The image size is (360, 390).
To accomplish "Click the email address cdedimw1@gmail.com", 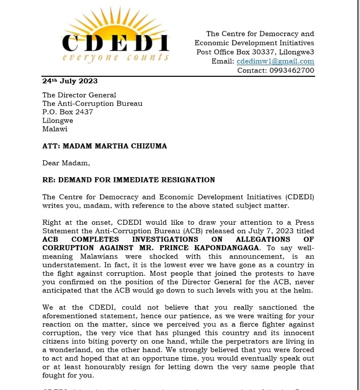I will click(275, 61).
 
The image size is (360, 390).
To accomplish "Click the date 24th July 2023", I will click(70, 81).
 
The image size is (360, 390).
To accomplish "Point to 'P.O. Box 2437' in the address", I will click(68, 112).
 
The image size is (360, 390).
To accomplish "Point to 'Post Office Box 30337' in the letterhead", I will click(237, 52).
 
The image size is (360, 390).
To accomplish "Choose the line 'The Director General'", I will click(79, 94).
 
